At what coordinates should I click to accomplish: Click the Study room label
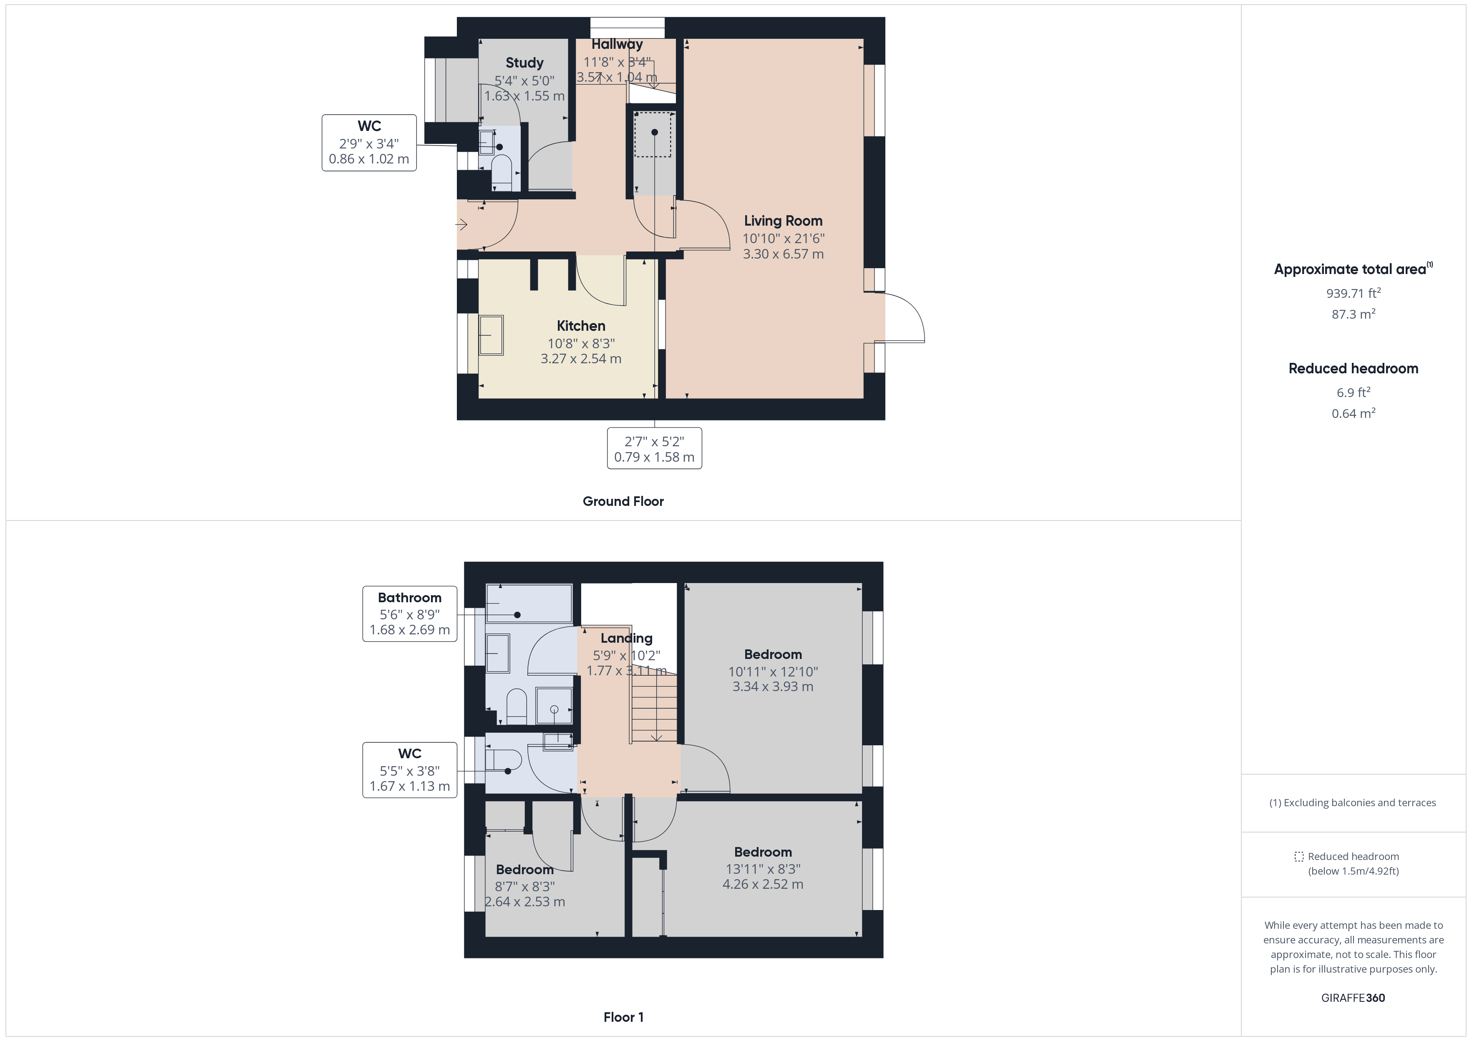click(x=524, y=63)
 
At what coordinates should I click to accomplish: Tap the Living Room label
click(x=783, y=221)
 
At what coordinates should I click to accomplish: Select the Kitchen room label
click(x=581, y=326)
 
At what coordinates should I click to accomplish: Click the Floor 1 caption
click(x=623, y=1017)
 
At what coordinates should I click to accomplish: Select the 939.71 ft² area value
click(x=1354, y=293)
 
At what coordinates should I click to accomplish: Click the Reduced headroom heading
click(x=1354, y=369)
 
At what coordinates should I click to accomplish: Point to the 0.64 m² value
click(x=1354, y=413)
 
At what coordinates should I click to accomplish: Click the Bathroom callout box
click(x=410, y=614)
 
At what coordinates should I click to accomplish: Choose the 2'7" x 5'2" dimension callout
click(x=655, y=449)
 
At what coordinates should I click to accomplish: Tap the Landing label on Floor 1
click(x=626, y=639)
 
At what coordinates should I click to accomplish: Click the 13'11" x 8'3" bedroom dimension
click(x=763, y=869)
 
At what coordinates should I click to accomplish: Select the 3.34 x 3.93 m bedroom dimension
click(x=773, y=686)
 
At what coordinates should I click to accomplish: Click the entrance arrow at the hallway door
click(x=461, y=224)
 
